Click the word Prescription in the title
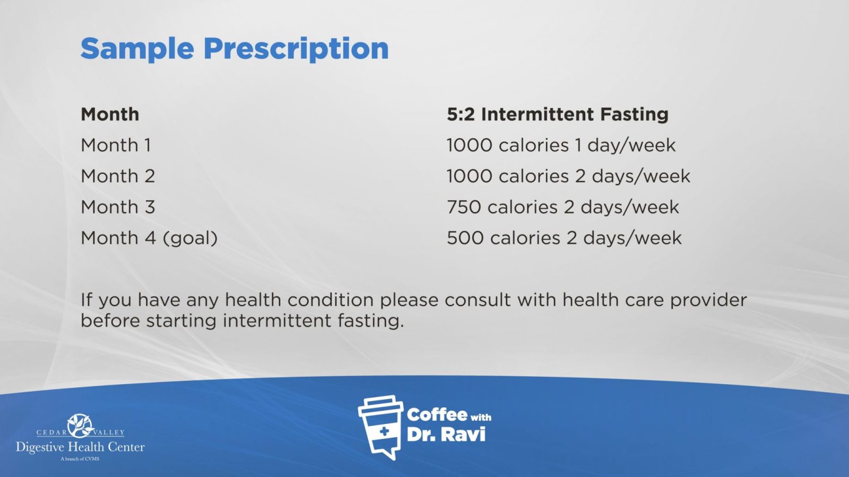click(296, 49)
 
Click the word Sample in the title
click(137, 49)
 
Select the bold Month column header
click(110, 114)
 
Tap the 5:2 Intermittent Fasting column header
click(558, 114)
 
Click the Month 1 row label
click(116, 145)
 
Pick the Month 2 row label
click(118, 176)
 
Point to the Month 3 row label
click(118, 207)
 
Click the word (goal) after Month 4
click(190, 238)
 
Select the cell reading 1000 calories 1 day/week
click(561, 145)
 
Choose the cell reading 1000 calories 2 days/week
click(568, 176)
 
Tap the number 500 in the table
click(465, 238)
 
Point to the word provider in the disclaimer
click(708, 301)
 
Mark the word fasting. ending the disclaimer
click(371, 321)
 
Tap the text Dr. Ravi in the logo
click(446, 435)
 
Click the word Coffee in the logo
click(437, 415)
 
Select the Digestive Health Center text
click(80, 447)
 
